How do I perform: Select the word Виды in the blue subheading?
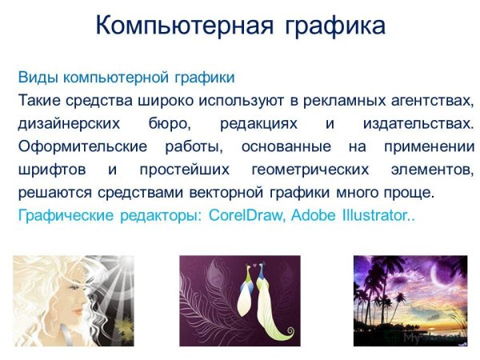point(35,78)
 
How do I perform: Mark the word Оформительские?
point(78,148)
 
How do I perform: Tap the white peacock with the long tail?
point(267,308)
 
